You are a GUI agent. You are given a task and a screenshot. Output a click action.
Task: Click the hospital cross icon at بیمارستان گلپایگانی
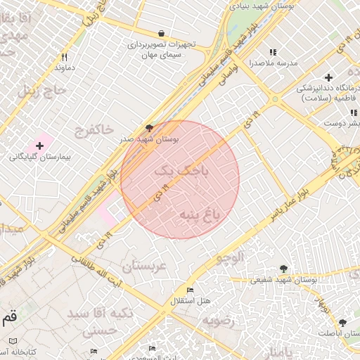39,146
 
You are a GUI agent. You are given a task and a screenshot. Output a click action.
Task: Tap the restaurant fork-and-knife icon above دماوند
64,57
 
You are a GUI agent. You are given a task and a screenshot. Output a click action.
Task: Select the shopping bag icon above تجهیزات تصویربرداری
162,33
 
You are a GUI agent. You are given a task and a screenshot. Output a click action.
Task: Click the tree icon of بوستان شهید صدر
148,127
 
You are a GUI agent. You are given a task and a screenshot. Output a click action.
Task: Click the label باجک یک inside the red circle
181,169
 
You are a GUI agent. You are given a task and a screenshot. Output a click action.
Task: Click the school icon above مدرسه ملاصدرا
273,52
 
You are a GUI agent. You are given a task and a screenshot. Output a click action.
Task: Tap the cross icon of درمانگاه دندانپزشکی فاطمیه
328,77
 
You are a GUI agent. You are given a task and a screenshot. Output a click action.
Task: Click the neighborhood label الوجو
230,258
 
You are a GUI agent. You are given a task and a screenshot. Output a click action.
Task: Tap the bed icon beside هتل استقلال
190,290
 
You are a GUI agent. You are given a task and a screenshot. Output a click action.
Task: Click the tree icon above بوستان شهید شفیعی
283,269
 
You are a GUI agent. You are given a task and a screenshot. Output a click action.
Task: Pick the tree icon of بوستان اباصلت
342,323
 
